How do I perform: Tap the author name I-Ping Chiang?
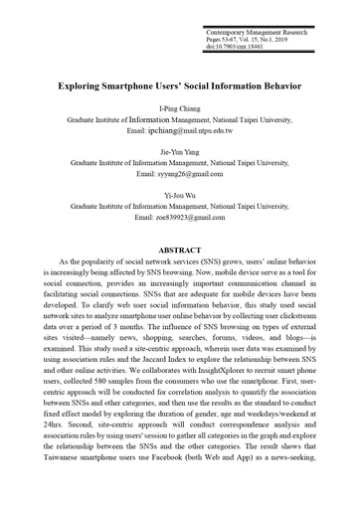pos(179,107)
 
